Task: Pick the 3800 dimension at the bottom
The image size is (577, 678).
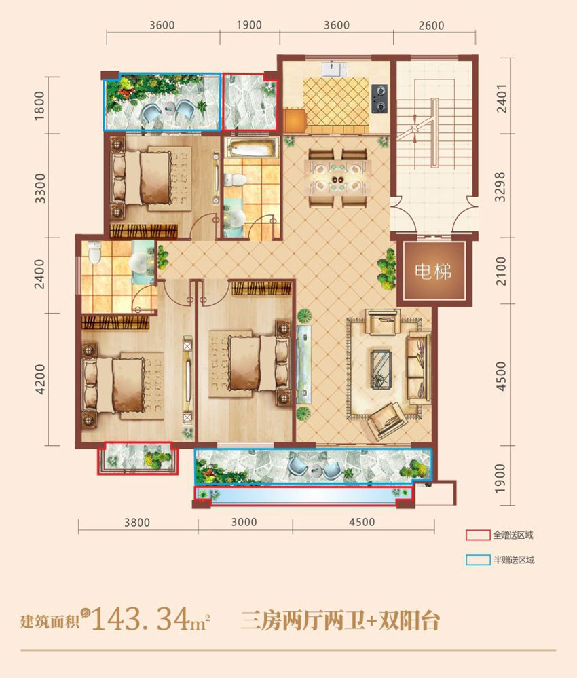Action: [x=137, y=523]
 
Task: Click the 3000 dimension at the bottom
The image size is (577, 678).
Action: [x=244, y=523]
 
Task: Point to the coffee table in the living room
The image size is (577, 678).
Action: [x=381, y=366]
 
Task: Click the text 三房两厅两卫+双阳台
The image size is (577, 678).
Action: [x=340, y=620]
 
